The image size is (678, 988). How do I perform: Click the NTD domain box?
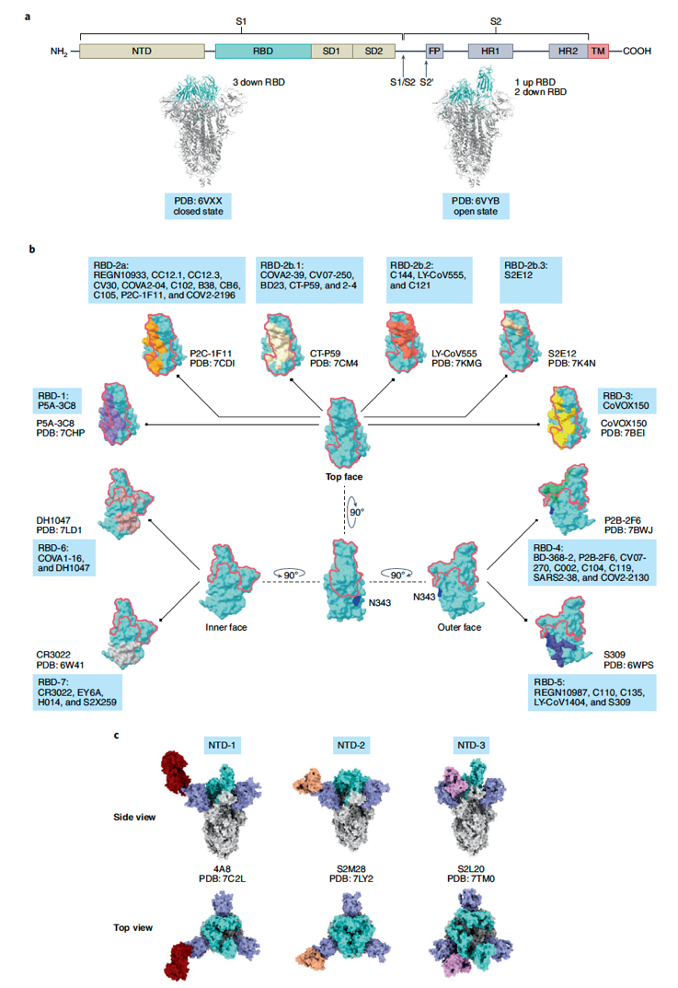click(142, 51)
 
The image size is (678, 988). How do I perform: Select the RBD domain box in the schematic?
click(263, 51)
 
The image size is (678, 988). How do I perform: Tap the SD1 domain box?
click(332, 51)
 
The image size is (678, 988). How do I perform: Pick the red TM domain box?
click(598, 51)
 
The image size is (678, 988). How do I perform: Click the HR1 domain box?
click(490, 51)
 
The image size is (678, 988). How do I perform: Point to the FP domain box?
click(434, 51)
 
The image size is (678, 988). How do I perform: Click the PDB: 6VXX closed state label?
click(199, 206)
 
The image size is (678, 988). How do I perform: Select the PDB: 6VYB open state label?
click(476, 206)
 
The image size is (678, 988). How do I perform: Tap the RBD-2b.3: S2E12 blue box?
click(531, 280)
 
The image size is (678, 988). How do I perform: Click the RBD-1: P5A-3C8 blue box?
click(57, 401)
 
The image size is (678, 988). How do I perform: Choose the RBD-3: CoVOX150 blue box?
click(626, 401)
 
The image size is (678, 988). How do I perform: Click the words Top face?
click(344, 477)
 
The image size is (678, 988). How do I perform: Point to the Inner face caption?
click(226, 628)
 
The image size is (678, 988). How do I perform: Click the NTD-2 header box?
click(350, 746)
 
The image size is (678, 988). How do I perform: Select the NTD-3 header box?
click(471, 746)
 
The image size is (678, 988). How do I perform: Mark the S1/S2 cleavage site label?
click(402, 83)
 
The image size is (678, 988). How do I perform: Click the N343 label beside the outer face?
click(424, 597)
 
